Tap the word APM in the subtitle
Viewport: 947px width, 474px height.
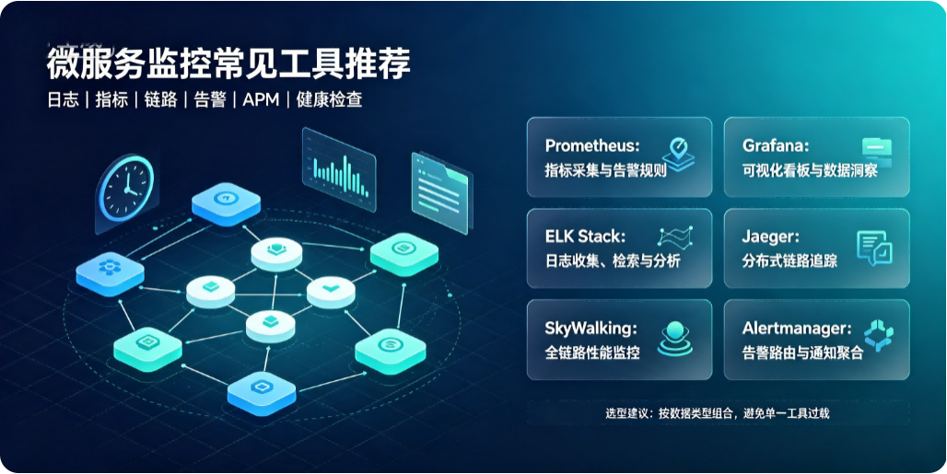[x=261, y=100]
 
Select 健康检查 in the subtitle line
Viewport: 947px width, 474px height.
[x=329, y=100]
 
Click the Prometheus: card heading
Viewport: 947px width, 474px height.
[x=591, y=146]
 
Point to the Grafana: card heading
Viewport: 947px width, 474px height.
[x=776, y=146]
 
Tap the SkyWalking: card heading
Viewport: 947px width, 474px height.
[x=590, y=329]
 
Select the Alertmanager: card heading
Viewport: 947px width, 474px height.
[x=797, y=329]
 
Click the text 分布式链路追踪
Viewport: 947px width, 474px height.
[x=789, y=260]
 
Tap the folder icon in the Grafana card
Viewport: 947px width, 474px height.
[x=876, y=153]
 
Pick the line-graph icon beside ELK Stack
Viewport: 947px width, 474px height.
[x=675, y=237]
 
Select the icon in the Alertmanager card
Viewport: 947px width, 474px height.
[x=878, y=336]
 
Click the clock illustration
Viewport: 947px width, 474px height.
[x=125, y=189]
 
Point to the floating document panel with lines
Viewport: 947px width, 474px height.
[x=441, y=192]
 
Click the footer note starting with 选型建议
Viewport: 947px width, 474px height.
[x=718, y=413]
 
